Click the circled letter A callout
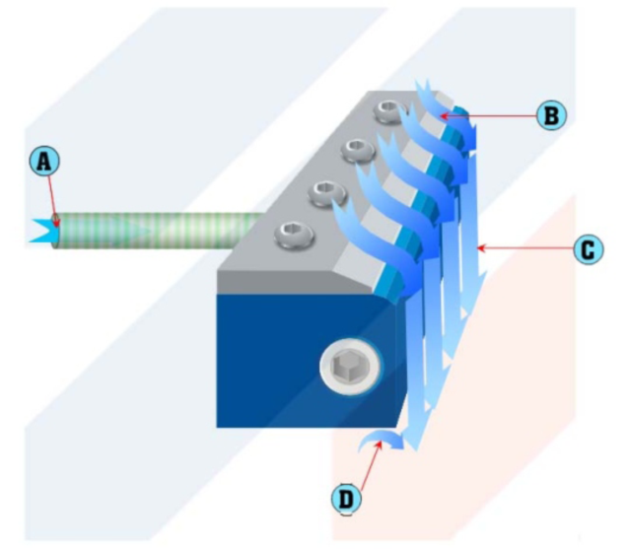(44, 162)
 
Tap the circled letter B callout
(552, 116)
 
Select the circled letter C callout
(588, 249)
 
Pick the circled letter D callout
(346, 500)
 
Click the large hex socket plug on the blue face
(351, 367)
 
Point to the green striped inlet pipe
(159, 231)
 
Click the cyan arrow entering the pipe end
(44, 231)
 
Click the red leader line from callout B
(489, 116)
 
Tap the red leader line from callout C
(525, 248)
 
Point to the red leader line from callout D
(371, 465)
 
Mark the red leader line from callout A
(53, 200)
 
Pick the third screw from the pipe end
(358, 150)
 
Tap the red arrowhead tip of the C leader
(477, 248)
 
